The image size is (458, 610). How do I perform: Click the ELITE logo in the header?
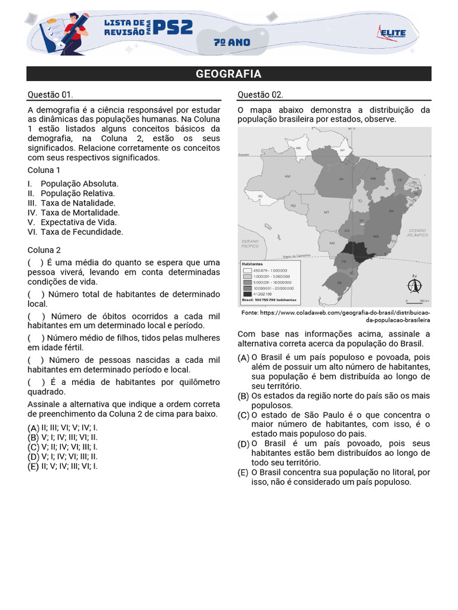[x=391, y=34]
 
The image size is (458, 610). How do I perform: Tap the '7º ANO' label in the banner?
[x=231, y=43]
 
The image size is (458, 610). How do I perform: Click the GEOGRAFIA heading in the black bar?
[x=228, y=74]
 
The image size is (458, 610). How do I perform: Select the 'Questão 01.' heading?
[x=50, y=95]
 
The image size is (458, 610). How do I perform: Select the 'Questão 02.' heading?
[x=260, y=95]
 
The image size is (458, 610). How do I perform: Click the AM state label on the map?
[x=287, y=176]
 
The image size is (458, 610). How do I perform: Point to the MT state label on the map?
[x=326, y=212]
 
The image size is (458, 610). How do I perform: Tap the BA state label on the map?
[x=391, y=211]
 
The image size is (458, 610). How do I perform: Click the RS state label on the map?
[x=340, y=282]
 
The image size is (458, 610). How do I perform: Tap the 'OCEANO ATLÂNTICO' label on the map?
[x=417, y=233]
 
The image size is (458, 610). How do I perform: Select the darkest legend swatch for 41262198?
[x=247, y=294]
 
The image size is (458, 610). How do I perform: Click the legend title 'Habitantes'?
[x=253, y=263]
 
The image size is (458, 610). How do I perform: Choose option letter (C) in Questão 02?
[x=243, y=415]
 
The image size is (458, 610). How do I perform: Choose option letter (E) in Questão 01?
[x=33, y=466]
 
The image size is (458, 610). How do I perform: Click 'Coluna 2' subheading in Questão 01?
[x=44, y=250]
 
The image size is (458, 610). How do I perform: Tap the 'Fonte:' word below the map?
[x=250, y=313]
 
